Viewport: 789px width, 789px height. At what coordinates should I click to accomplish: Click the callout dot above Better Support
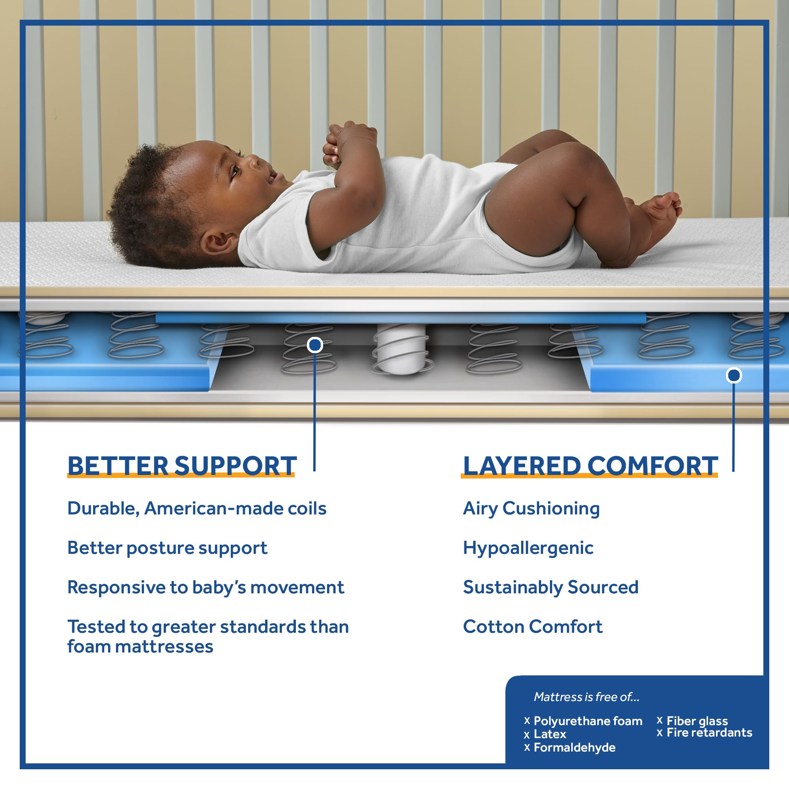point(315,345)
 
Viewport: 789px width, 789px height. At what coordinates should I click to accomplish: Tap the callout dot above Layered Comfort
point(733,375)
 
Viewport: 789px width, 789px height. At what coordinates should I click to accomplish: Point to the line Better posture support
point(167,548)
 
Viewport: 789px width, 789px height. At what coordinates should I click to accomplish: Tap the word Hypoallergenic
point(528,548)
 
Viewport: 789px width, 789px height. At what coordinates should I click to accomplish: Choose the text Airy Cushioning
point(531,509)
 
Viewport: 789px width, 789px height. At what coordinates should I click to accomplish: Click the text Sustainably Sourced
point(550,587)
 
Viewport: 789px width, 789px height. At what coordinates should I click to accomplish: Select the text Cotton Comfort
point(533,626)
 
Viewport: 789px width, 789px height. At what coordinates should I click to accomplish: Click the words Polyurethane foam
point(588,721)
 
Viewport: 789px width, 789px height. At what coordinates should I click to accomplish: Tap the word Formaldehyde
point(574,747)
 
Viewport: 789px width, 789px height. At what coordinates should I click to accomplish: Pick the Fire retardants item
point(709,732)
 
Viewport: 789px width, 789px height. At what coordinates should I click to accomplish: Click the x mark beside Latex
point(527,735)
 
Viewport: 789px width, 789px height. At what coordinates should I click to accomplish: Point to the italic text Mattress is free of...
point(587,697)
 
